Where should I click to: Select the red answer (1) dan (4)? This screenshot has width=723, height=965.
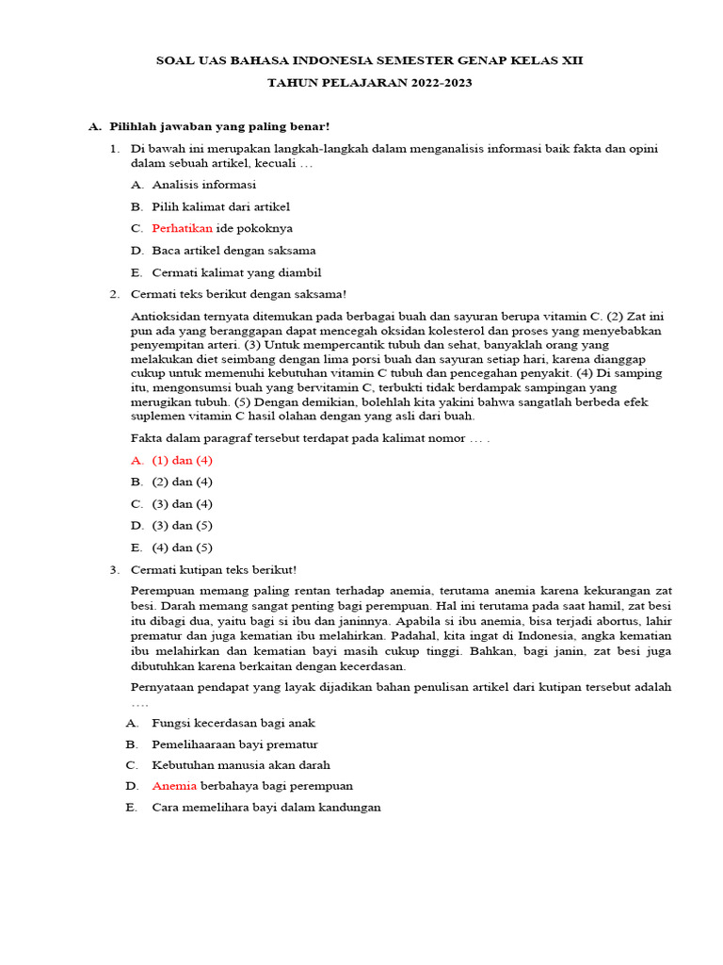tap(183, 461)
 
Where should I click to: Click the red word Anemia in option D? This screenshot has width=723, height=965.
tap(174, 786)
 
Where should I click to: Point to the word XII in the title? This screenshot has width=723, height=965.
tap(570, 60)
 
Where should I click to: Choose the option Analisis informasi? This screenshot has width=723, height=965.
tap(203, 185)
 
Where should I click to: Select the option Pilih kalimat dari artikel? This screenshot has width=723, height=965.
tap(220, 206)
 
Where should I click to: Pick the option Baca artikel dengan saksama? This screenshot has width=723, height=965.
tap(233, 251)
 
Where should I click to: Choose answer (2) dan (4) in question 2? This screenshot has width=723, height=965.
tap(183, 482)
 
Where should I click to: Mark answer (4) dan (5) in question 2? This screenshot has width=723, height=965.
tap(183, 548)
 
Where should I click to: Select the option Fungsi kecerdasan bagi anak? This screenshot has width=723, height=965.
tap(233, 723)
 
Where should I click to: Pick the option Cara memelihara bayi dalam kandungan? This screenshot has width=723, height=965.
tap(266, 808)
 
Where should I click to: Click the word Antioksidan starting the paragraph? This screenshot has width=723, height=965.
tap(164, 318)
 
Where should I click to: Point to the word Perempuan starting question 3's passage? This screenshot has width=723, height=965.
tap(161, 591)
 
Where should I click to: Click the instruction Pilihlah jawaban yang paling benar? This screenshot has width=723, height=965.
tap(219, 126)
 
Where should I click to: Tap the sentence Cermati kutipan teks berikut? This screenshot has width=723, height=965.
tap(214, 569)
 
